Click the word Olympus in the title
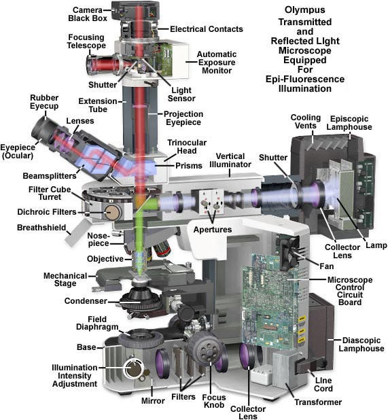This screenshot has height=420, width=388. click(304, 10)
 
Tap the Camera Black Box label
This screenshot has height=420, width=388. click(88, 14)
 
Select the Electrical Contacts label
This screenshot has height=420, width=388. click(207, 29)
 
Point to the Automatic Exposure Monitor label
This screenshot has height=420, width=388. click(217, 63)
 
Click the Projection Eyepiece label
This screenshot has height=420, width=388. click(183, 118)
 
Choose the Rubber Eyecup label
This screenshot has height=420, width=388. click(44, 102)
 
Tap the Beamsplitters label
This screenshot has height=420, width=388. click(50, 176)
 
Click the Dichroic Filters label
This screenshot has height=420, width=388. click(47, 212)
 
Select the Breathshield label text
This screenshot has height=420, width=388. click(41, 228)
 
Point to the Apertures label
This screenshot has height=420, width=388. click(213, 230)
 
